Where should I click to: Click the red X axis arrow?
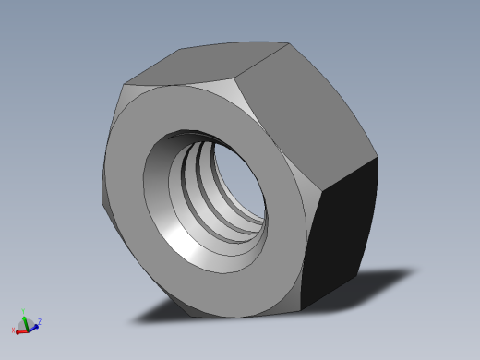20,329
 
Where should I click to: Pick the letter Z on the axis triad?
39,321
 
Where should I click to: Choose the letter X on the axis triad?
13,330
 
